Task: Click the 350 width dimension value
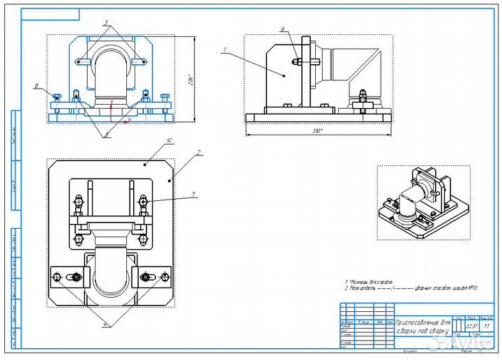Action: (317, 130)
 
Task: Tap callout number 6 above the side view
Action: (282, 29)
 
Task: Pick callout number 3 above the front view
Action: (105, 23)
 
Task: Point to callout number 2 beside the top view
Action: (199, 151)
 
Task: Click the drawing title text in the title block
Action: (422, 327)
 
